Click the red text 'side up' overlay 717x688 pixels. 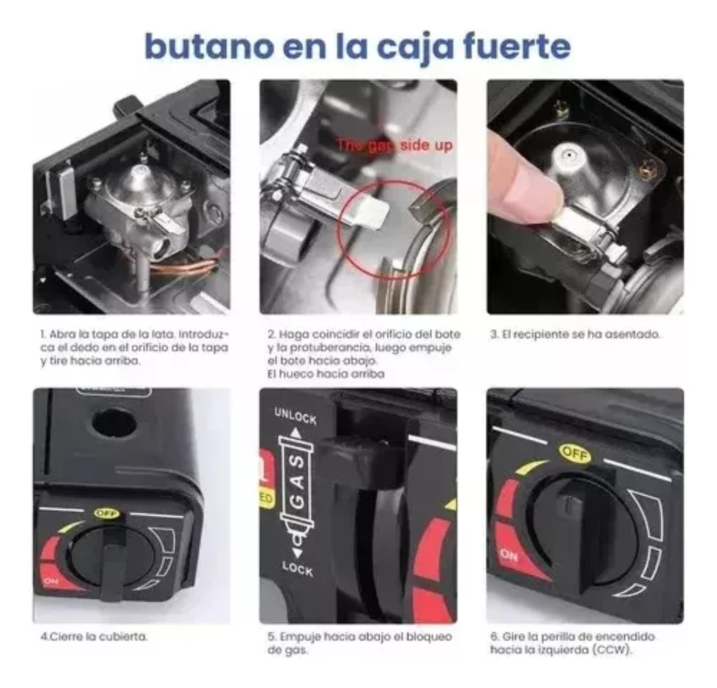[426, 146]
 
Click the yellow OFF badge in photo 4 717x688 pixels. [107, 513]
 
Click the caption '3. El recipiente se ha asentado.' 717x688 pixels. [575, 334]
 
